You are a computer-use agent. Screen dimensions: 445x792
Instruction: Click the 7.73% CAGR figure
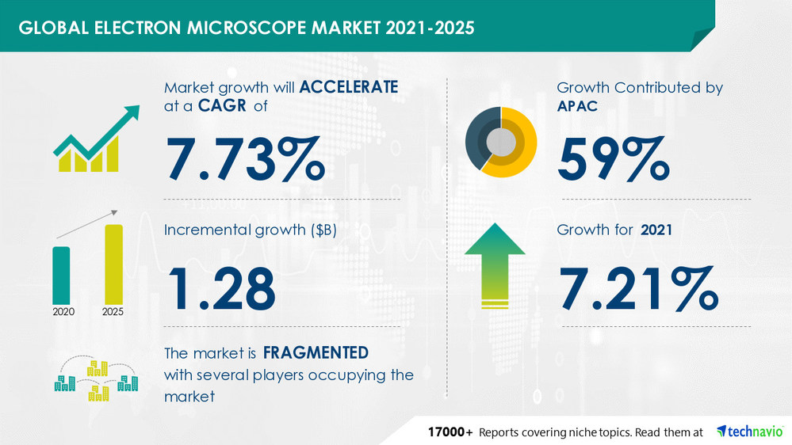click(x=245, y=159)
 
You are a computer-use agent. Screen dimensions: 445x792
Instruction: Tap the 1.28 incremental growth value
click(x=220, y=287)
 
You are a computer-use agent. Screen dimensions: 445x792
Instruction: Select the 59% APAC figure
click(x=613, y=159)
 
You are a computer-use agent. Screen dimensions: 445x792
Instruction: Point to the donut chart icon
click(x=500, y=141)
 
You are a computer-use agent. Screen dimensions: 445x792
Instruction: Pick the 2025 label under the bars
click(x=113, y=312)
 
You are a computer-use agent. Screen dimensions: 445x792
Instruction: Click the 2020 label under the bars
click(x=63, y=312)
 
